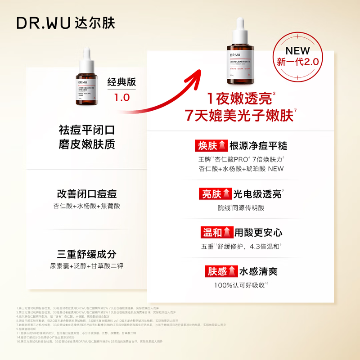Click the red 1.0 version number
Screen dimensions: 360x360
click(121, 98)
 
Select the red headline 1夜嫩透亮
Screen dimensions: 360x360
click(239, 99)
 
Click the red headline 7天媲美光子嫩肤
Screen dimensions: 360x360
click(239, 116)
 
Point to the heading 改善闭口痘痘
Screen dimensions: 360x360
click(86, 193)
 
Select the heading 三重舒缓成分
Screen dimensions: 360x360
click(86, 253)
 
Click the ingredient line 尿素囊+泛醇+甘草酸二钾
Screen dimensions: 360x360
click(86, 265)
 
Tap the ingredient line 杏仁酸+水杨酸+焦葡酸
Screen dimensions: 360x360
click(86, 206)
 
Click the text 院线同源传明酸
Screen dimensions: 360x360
click(241, 208)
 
